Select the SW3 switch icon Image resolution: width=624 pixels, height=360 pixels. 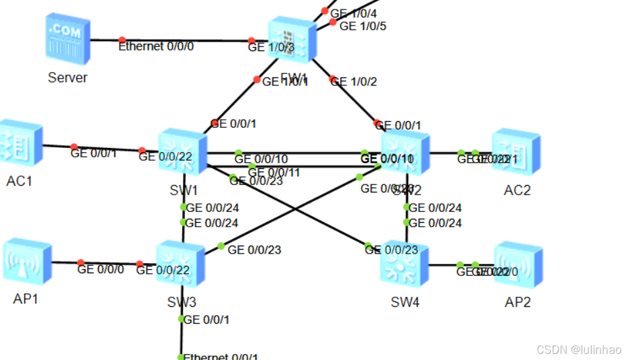pos(181,264)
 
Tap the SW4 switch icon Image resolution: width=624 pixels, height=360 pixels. pos(405,264)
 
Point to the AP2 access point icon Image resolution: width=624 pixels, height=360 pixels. pos(518,264)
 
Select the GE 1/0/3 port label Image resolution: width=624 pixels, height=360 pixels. pos(271,47)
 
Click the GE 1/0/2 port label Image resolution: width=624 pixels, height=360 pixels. pos(354,81)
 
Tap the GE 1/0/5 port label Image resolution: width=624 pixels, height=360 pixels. pos(362,26)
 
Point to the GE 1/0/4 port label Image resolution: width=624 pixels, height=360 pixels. pos(353,12)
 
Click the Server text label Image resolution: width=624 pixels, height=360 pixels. pos(67,77)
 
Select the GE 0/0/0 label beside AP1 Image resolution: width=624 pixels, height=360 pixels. pos(100,269)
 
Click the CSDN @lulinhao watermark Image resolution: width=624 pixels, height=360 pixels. pos(579,349)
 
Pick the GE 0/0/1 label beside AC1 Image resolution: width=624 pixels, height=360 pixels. pos(93,153)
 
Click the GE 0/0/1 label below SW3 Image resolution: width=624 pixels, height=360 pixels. pos(206,320)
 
